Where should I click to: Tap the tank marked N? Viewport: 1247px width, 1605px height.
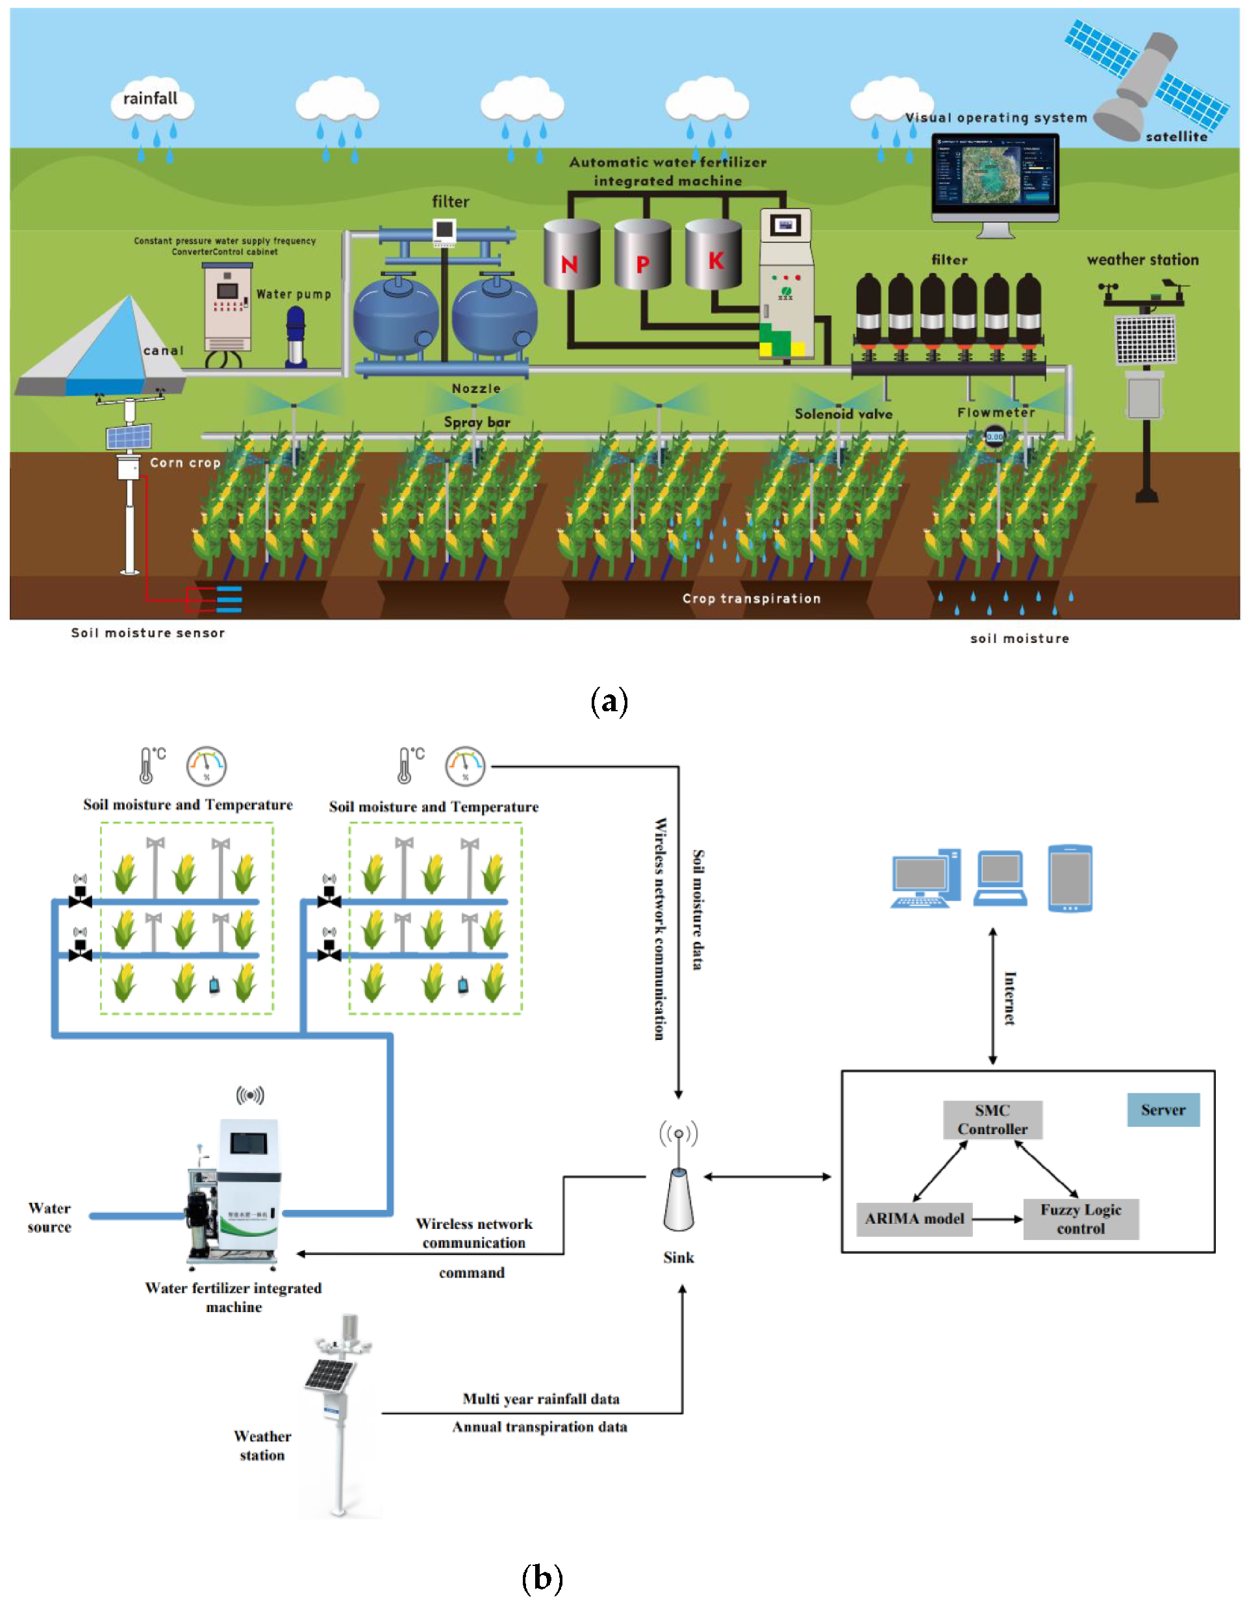[571, 255]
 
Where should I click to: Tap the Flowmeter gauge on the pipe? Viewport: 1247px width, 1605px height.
[994, 436]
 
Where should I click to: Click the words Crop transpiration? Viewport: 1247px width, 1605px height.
[751, 599]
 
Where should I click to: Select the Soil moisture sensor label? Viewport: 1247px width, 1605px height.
[147, 633]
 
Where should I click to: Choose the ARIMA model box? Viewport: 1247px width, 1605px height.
[914, 1219]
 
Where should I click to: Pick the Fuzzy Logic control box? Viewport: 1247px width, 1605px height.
[1080, 1219]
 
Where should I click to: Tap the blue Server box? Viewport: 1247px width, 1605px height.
[1163, 1109]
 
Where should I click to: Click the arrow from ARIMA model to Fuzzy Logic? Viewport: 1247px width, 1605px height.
[997, 1219]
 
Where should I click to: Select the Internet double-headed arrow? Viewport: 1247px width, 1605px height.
[993, 996]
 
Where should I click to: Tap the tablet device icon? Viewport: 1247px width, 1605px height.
[1069, 878]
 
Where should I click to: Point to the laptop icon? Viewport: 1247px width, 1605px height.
[1000, 878]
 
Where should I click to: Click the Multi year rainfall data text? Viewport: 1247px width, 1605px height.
[541, 1398]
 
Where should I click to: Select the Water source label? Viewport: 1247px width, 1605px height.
[49, 1217]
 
